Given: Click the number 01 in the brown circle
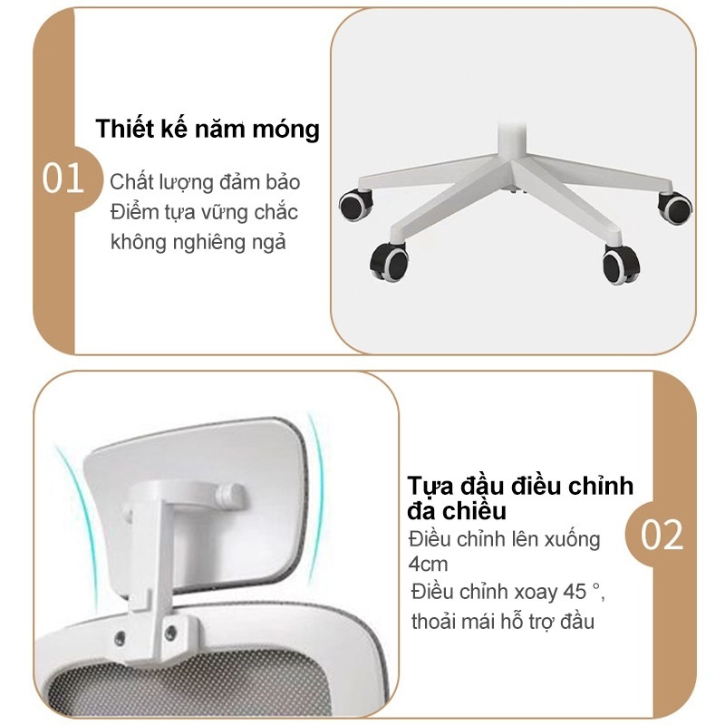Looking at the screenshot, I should [63, 179].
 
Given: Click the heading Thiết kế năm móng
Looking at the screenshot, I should [208, 129].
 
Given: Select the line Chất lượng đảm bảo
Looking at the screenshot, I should [205, 181].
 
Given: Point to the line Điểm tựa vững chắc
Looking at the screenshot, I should [204, 212].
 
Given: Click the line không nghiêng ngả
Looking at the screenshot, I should [198, 242].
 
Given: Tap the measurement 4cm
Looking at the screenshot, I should [428, 565].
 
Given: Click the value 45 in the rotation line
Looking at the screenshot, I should [572, 593].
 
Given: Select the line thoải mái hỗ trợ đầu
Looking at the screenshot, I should [503, 622].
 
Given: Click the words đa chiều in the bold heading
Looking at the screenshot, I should [456, 510].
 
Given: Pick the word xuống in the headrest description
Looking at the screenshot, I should [567, 539].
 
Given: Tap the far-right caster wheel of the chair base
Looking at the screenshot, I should [674, 207].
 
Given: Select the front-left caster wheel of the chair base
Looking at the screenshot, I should [390, 262].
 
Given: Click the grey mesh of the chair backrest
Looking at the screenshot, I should [181, 689].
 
